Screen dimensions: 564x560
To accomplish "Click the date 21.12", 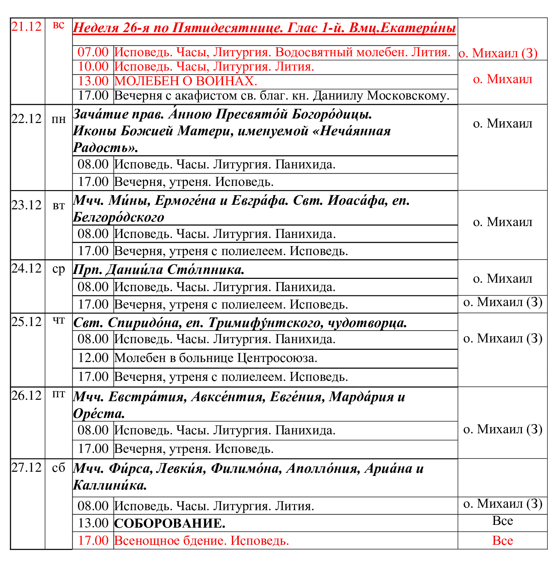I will (x=27, y=27).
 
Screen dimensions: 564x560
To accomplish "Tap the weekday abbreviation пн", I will (x=59, y=120).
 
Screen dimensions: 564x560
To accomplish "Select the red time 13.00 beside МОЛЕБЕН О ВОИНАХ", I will (x=93, y=81).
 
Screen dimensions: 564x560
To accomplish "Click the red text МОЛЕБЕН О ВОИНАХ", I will (x=186, y=81).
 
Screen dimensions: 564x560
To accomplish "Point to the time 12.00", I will (x=93, y=358).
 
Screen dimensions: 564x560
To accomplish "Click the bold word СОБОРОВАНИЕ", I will (x=170, y=523).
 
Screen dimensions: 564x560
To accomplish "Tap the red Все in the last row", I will (x=502, y=541).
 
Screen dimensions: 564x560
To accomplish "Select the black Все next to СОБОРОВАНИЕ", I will (x=502, y=521).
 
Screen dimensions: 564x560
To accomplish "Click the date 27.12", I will (x=27, y=468).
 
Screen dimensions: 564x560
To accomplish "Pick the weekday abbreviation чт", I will (x=59, y=321).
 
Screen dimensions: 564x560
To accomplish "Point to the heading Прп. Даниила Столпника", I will (x=159, y=270).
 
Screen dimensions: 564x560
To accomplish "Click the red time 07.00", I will (x=93, y=52).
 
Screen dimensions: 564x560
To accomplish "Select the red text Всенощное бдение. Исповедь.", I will (x=202, y=541).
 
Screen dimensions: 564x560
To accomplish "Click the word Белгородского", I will (x=119, y=217).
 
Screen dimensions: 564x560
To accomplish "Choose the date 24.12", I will (x=27, y=268).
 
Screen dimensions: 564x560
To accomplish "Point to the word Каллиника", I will (x=110, y=485).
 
